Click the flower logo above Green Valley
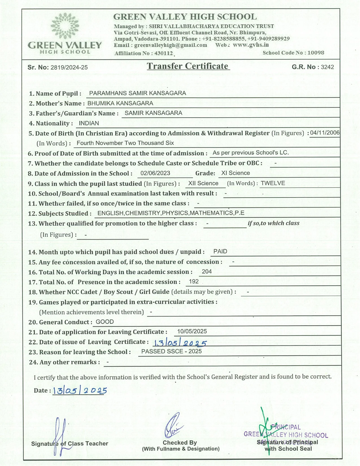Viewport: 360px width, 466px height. (65, 26)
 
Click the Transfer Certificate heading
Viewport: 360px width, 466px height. (188, 66)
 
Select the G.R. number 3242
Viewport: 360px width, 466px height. (327, 67)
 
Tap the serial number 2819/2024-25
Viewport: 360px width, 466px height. (69, 67)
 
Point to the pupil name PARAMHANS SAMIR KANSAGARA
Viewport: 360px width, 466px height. (138, 93)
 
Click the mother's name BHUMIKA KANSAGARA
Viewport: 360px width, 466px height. (120, 103)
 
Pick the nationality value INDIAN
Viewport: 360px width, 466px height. (89, 123)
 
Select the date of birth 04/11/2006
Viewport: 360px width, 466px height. (325, 133)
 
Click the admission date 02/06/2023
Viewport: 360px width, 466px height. (155, 173)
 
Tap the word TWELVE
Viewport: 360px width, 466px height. (273, 183)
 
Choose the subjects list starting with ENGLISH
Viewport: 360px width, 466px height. (171, 213)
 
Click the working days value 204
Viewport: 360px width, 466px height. (207, 272)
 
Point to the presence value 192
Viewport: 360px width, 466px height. (194, 282)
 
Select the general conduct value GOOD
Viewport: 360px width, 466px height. (105, 322)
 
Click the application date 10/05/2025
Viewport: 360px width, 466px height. (192, 331)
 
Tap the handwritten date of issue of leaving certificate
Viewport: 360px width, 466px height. (180, 343)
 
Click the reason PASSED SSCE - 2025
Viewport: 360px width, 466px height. (171, 351)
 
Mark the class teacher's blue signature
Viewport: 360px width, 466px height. (60, 436)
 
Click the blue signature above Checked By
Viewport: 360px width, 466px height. (173, 425)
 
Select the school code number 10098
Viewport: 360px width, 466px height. (316, 53)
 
